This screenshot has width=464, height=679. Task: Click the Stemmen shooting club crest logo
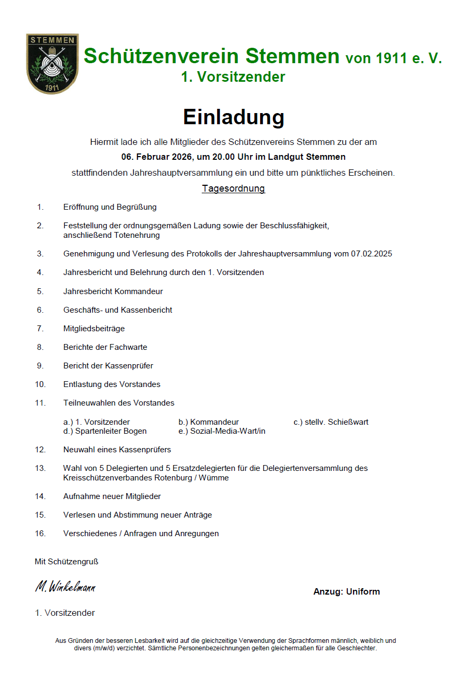[52, 64]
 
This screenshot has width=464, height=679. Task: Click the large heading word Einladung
[234, 117]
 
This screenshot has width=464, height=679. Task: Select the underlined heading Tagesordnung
[233, 188]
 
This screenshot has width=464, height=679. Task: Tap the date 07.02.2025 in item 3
[372, 254]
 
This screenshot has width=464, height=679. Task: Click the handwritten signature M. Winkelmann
[65, 587]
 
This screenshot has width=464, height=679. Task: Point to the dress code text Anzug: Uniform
[347, 591]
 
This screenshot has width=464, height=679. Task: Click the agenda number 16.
[40, 534]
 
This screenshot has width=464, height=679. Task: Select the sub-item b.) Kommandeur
[209, 422]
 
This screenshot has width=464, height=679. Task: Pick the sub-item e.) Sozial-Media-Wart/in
[222, 431]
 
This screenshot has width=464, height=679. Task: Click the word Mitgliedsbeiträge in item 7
[94, 329]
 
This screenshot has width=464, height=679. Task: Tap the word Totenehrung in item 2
[138, 235]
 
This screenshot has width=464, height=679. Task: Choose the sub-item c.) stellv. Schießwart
[331, 422]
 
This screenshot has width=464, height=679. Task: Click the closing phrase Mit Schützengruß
[66, 562]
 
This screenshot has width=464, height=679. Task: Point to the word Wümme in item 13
[214, 478]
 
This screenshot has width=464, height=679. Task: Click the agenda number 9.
[40, 366]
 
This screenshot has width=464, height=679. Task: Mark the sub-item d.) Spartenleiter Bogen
[105, 431]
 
